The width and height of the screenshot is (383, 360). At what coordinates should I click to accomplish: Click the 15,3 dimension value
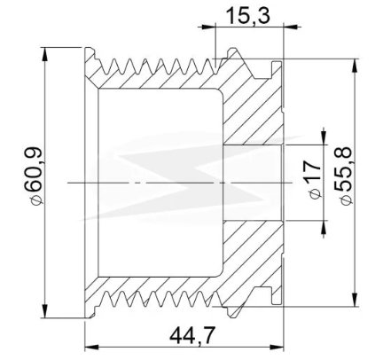247,16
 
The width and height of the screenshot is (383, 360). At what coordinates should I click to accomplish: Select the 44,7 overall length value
191,336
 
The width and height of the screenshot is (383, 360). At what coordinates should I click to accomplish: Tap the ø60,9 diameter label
35,176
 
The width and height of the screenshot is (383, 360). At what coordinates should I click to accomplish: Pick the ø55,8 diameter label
344,176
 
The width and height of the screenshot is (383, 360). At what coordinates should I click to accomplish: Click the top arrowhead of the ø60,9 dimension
45,54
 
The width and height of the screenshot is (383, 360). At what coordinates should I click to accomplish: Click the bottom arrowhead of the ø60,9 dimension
45,310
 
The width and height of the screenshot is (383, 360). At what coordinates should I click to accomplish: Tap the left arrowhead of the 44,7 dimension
92,347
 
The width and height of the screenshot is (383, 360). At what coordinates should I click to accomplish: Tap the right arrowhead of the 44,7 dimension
277,347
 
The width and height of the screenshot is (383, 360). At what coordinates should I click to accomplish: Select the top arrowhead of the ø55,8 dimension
355,66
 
